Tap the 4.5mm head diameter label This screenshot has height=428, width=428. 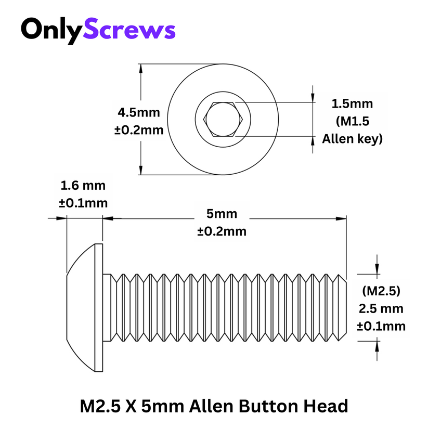(139, 112)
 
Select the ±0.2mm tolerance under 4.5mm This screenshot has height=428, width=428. (139, 129)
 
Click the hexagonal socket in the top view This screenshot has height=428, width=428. (223, 120)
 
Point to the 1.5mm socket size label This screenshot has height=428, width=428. (352, 103)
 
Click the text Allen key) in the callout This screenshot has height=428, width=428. (352, 139)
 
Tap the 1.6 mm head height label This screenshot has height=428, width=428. (83, 185)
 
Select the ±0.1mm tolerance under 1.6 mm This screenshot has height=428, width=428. (83, 203)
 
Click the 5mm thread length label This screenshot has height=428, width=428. (222, 214)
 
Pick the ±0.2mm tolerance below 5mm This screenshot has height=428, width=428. (222, 231)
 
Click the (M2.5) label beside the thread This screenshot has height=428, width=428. (381, 290)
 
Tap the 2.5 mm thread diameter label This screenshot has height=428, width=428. (381, 308)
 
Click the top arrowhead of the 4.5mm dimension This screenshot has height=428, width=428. (141, 68)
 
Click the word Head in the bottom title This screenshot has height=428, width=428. (328, 405)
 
